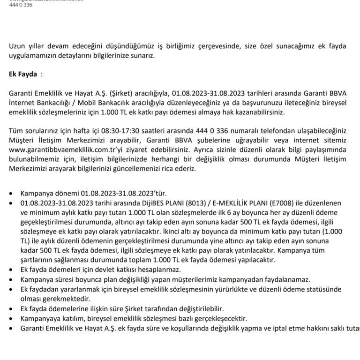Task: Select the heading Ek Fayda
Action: pyautogui.click(x=23, y=74)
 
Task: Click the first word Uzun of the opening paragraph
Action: pyautogui.click(x=17, y=45)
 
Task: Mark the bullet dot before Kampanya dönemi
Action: pyautogui.click(x=12, y=193)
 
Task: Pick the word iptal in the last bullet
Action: pyautogui.click(x=289, y=328)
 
